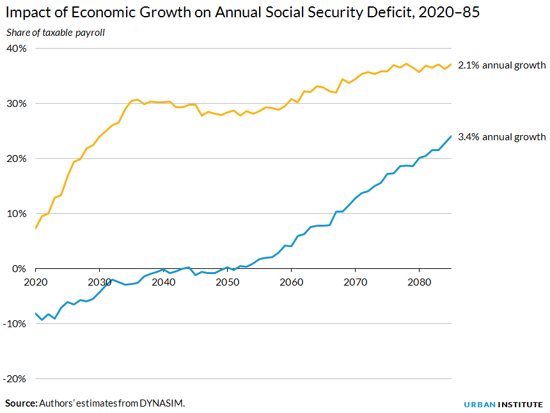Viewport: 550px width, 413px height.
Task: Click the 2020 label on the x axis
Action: point(36,282)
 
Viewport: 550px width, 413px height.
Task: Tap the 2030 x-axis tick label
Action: point(99,282)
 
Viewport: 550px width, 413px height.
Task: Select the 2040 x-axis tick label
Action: point(163,282)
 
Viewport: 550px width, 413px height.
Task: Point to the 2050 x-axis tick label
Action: point(227,282)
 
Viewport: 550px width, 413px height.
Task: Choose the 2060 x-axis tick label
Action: point(291,282)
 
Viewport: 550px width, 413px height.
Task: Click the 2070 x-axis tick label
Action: point(355,282)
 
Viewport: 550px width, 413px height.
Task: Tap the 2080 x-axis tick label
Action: point(419,282)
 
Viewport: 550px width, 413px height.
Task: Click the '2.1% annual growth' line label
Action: point(501,65)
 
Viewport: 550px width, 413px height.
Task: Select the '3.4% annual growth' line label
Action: point(501,137)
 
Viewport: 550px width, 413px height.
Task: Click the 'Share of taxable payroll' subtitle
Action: point(55,33)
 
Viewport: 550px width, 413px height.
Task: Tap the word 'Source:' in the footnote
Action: point(21,403)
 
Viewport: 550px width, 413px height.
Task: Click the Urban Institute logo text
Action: point(503,405)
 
